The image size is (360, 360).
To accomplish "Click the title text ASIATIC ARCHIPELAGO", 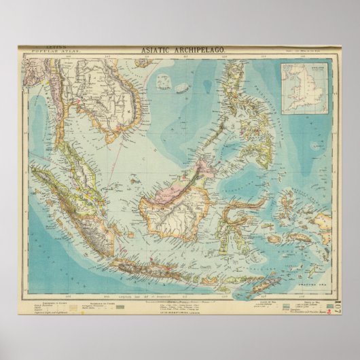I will (180, 51).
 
